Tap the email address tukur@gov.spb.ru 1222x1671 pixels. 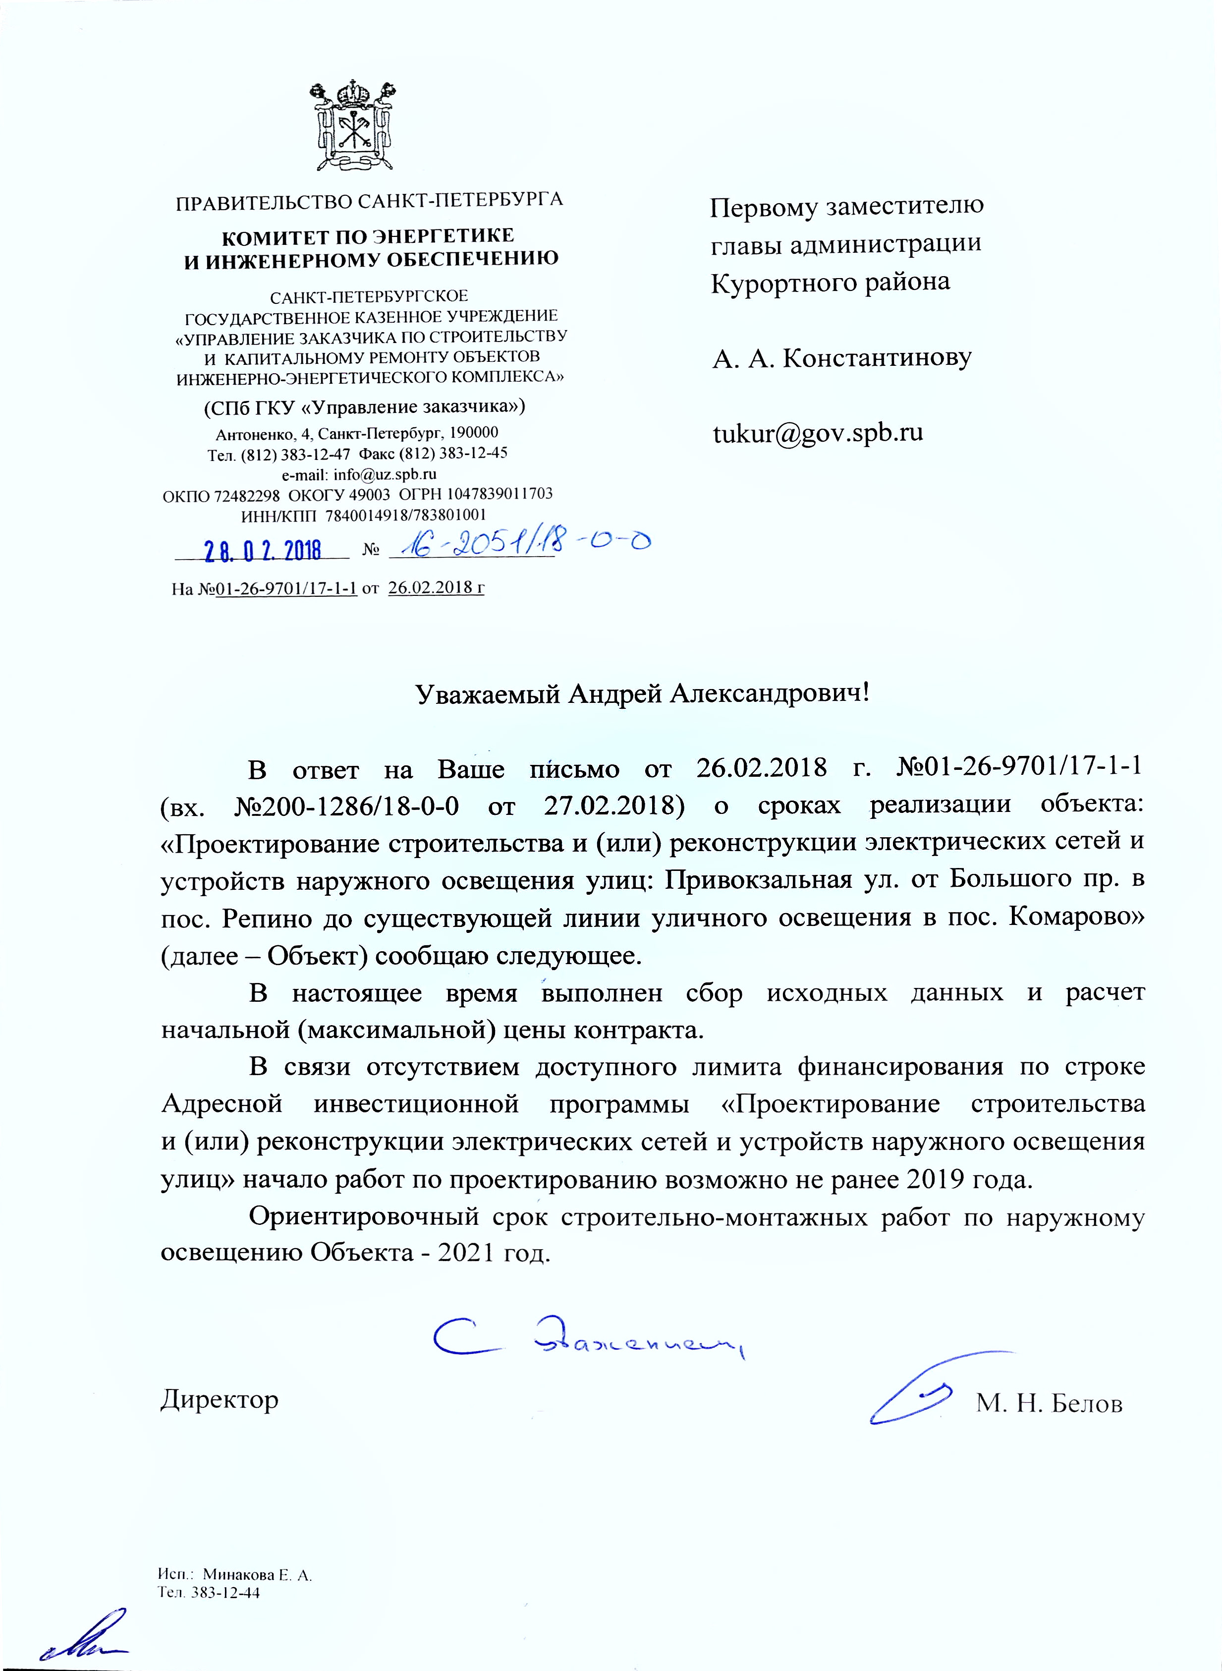point(817,433)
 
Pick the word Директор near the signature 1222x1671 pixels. point(220,1400)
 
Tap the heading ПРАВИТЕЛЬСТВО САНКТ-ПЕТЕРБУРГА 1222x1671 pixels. point(368,201)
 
